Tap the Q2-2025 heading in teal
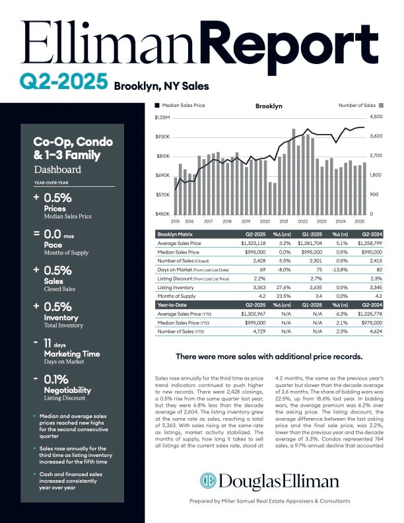click(x=63, y=82)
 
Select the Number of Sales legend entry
click(x=360, y=105)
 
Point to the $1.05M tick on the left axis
click(x=162, y=118)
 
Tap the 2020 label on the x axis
click(x=264, y=222)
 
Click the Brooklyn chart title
click(x=269, y=106)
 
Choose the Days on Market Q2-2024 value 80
click(x=379, y=270)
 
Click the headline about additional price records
click(x=269, y=357)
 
